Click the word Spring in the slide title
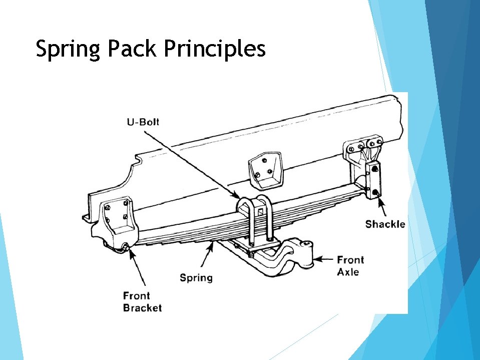(x=68, y=50)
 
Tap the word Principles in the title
(x=214, y=50)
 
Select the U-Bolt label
(x=143, y=122)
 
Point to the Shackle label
(x=385, y=224)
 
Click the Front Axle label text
(x=350, y=266)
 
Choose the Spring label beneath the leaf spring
(x=196, y=277)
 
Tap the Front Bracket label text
(x=142, y=301)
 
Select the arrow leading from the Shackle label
(x=382, y=208)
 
